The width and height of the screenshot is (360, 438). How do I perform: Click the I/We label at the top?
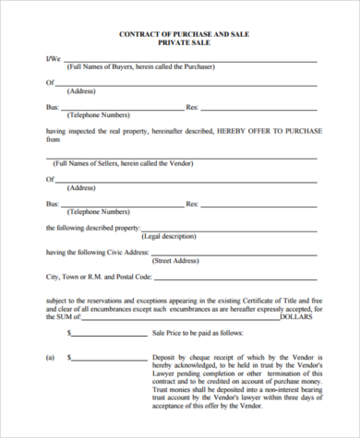pos(53,59)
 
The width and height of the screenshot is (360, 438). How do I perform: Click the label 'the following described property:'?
pos(92,227)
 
